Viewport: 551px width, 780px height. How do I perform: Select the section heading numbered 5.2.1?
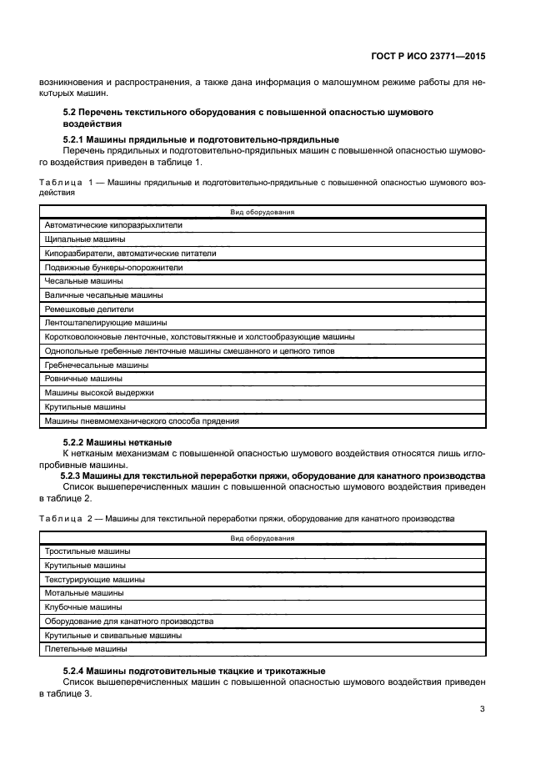(x=201, y=138)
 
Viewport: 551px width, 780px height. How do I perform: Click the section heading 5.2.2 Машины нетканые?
(x=118, y=441)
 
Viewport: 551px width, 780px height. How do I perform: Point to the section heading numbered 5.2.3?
(x=273, y=476)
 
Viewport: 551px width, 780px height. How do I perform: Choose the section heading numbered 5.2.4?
(x=194, y=672)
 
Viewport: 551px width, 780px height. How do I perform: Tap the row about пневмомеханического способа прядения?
(x=142, y=421)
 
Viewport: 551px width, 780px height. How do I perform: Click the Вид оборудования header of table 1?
(x=263, y=212)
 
